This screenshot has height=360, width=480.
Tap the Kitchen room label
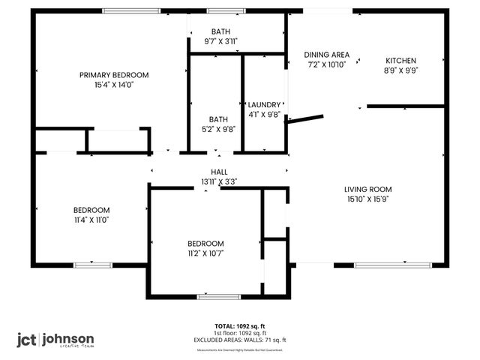click(x=401, y=61)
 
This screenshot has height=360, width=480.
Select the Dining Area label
click(x=326, y=55)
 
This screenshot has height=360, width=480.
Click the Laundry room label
click(x=264, y=105)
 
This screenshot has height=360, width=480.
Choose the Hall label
click(x=219, y=172)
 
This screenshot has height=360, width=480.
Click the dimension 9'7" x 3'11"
click(x=220, y=42)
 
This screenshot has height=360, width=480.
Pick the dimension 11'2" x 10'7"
click(x=205, y=253)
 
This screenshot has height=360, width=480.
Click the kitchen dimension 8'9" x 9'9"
click(x=401, y=71)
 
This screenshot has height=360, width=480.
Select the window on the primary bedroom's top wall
click(x=125, y=10)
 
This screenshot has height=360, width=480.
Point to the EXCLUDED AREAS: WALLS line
click(x=240, y=340)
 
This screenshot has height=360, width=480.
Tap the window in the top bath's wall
click(x=220, y=10)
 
